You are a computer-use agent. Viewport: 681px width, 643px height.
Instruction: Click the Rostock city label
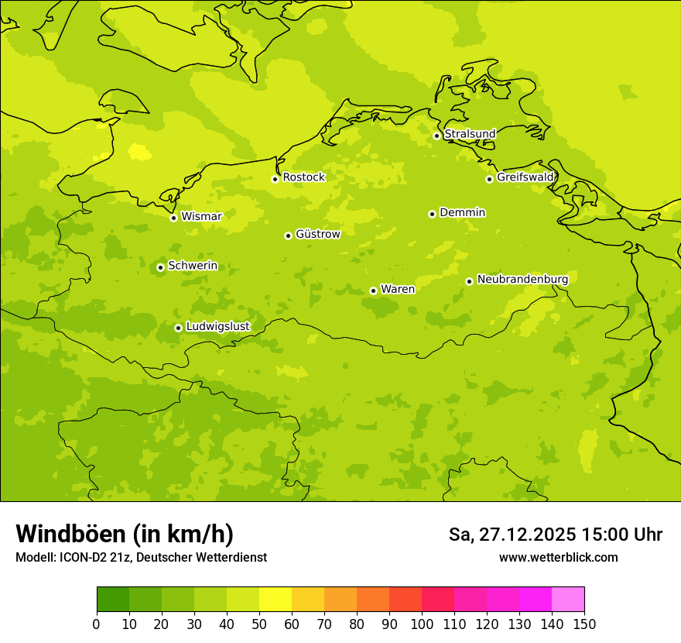click(x=303, y=177)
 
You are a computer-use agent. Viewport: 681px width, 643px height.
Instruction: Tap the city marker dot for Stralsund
click(x=436, y=136)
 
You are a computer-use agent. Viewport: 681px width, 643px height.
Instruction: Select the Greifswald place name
click(x=525, y=177)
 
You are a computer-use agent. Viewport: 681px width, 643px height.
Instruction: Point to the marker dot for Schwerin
click(x=160, y=267)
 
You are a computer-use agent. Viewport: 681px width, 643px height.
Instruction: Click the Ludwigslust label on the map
click(x=217, y=327)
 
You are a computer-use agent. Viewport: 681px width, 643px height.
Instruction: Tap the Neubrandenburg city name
click(x=522, y=280)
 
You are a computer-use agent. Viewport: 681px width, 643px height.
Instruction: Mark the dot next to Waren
click(x=373, y=291)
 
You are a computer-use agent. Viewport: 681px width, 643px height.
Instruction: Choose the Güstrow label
click(x=317, y=234)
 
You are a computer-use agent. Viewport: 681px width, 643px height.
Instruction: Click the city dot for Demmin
click(x=432, y=214)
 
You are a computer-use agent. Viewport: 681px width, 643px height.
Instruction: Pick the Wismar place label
click(x=201, y=217)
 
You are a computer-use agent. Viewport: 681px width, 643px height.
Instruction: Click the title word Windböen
click(x=70, y=534)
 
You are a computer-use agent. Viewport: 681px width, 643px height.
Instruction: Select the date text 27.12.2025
click(x=528, y=535)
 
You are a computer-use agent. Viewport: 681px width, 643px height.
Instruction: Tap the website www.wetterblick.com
click(x=558, y=558)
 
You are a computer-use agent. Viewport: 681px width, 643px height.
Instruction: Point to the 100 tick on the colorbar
click(x=422, y=624)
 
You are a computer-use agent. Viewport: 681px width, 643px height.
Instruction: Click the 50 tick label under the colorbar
click(x=259, y=624)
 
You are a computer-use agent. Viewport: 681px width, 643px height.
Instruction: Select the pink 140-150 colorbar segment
click(x=568, y=600)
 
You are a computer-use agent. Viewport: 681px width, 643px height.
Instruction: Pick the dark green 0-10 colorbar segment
click(x=113, y=600)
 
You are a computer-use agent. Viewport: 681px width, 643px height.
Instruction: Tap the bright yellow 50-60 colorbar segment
click(x=275, y=600)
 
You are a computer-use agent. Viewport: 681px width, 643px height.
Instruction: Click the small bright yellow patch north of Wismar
click(x=139, y=151)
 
